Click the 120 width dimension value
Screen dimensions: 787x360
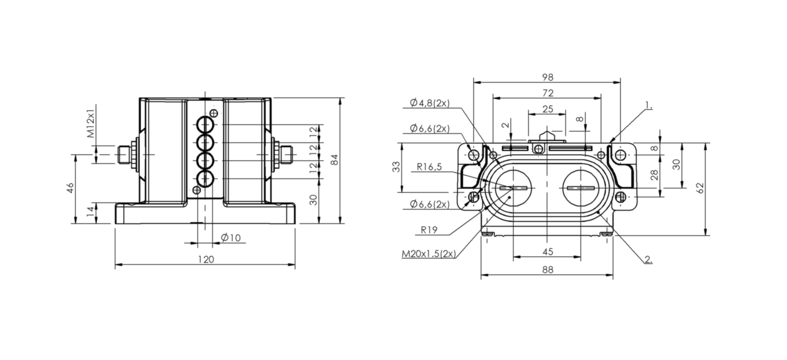click(x=206, y=260)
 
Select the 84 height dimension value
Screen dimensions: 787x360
click(x=335, y=160)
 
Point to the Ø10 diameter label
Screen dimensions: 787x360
click(x=231, y=238)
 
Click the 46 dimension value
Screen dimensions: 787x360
click(x=71, y=188)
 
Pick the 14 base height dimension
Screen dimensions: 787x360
click(x=90, y=211)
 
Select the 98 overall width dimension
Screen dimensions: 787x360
click(x=547, y=77)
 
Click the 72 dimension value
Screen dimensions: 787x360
click(x=547, y=93)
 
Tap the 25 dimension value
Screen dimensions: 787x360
click(x=547, y=109)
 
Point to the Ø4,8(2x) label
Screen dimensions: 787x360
click(x=429, y=103)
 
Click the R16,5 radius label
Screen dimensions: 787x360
click(x=429, y=167)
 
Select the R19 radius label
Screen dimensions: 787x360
click(x=429, y=230)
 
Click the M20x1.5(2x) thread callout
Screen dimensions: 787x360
click(x=429, y=253)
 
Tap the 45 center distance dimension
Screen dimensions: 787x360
click(x=547, y=252)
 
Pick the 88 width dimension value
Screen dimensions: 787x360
click(x=547, y=270)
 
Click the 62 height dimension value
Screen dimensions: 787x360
click(x=700, y=188)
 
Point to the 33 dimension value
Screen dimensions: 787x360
click(x=396, y=167)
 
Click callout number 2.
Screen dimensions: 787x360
click(x=648, y=260)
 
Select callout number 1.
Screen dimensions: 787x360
click(x=648, y=105)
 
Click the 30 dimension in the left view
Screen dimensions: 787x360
click(x=313, y=200)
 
